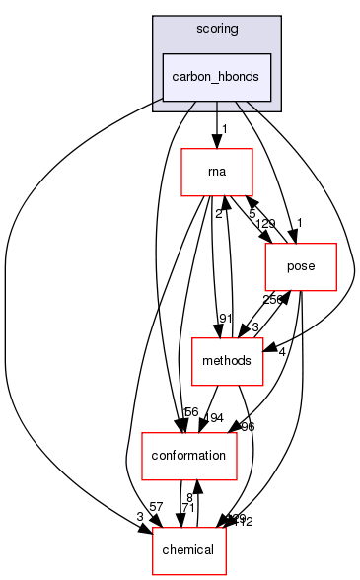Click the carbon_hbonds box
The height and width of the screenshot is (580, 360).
(216, 77)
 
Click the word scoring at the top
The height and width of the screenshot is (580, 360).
(216, 29)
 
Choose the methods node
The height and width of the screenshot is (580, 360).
(226, 362)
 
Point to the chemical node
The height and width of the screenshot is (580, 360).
(188, 549)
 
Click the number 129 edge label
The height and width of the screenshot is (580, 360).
(266, 225)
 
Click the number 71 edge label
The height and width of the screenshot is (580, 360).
(186, 507)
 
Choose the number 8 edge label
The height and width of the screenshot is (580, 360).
(188, 496)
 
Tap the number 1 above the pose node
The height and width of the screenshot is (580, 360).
(299, 223)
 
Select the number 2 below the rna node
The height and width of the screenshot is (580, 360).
(218, 212)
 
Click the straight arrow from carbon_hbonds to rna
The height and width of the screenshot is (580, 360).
(216, 123)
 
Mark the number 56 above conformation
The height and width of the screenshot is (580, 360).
(190, 412)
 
